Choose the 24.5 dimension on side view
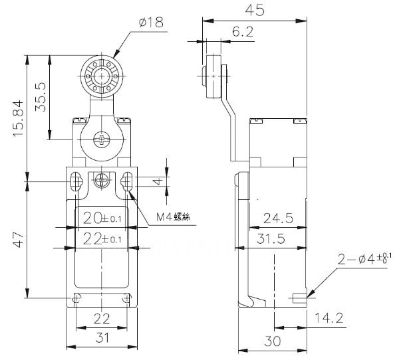(276, 217)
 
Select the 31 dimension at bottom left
(101, 339)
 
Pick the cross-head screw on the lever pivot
(101, 140)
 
